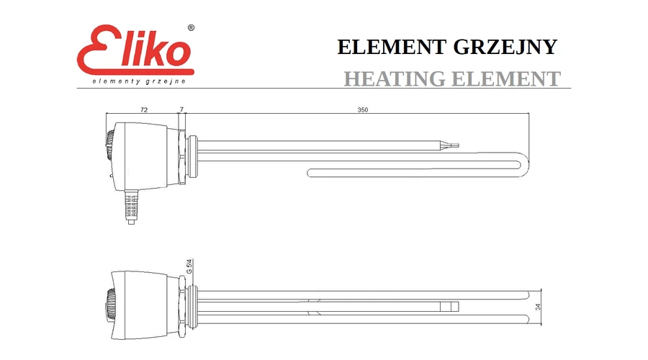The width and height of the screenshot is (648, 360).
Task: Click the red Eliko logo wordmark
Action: click(x=135, y=50)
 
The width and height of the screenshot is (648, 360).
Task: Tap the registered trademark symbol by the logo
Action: click(x=191, y=27)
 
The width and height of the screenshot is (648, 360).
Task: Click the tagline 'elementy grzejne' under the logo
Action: click(x=139, y=81)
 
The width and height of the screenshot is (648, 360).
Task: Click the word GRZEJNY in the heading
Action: click(x=505, y=47)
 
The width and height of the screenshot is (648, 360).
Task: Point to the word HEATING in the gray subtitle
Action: click(x=395, y=78)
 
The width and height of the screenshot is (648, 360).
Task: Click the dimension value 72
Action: click(x=144, y=109)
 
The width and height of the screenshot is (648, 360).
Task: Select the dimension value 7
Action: click(x=181, y=109)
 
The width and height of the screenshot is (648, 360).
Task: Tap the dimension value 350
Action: click(x=362, y=109)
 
